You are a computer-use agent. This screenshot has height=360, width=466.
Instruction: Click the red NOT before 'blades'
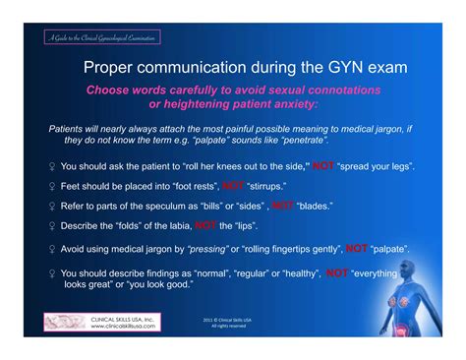282,205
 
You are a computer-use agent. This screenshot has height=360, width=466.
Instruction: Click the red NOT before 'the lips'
205,226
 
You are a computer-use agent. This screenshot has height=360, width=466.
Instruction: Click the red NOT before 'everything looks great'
336,272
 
